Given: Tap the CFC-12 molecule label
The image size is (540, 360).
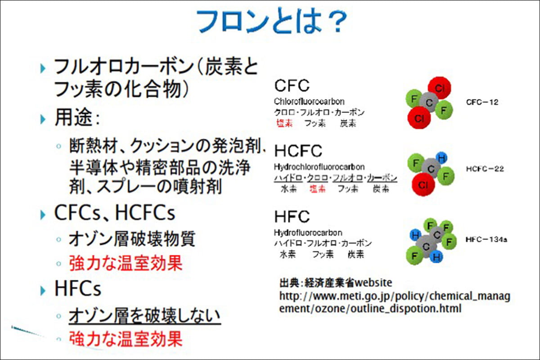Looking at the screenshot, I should [x=482, y=102].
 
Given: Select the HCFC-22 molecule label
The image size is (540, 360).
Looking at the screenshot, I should [x=485, y=169].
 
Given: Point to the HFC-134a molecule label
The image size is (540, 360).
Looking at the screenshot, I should [x=486, y=240].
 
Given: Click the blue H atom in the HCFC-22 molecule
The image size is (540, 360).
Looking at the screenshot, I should [x=442, y=158].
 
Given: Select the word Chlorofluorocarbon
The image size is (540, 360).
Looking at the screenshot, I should [x=309, y=102].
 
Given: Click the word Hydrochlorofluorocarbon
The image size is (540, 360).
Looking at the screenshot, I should [x=319, y=167].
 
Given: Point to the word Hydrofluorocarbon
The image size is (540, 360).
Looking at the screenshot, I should [x=308, y=233].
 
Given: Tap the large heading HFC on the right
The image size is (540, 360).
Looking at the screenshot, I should [x=292, y=217].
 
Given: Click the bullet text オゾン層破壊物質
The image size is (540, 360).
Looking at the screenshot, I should [x=132, y=239].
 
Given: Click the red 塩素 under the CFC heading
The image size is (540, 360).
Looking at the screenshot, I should [x=284, y=123].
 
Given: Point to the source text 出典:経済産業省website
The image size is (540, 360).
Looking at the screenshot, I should [x=336, y=283].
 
